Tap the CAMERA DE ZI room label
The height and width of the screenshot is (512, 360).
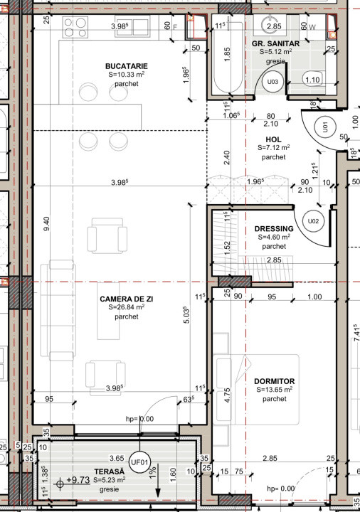(126, 299)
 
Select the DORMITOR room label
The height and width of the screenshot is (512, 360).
(274, 381)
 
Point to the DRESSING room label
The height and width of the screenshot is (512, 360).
(273, 228)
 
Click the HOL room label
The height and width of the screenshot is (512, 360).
(274, 139)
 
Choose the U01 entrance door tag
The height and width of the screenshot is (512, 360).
(324, 129)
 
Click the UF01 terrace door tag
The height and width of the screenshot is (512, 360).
(139, 462)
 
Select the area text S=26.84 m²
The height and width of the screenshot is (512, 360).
(126, 309)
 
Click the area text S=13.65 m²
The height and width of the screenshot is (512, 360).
(274, 390)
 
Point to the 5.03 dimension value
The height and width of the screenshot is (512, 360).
(186, 315)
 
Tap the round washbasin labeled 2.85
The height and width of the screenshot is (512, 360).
(273, 26)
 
